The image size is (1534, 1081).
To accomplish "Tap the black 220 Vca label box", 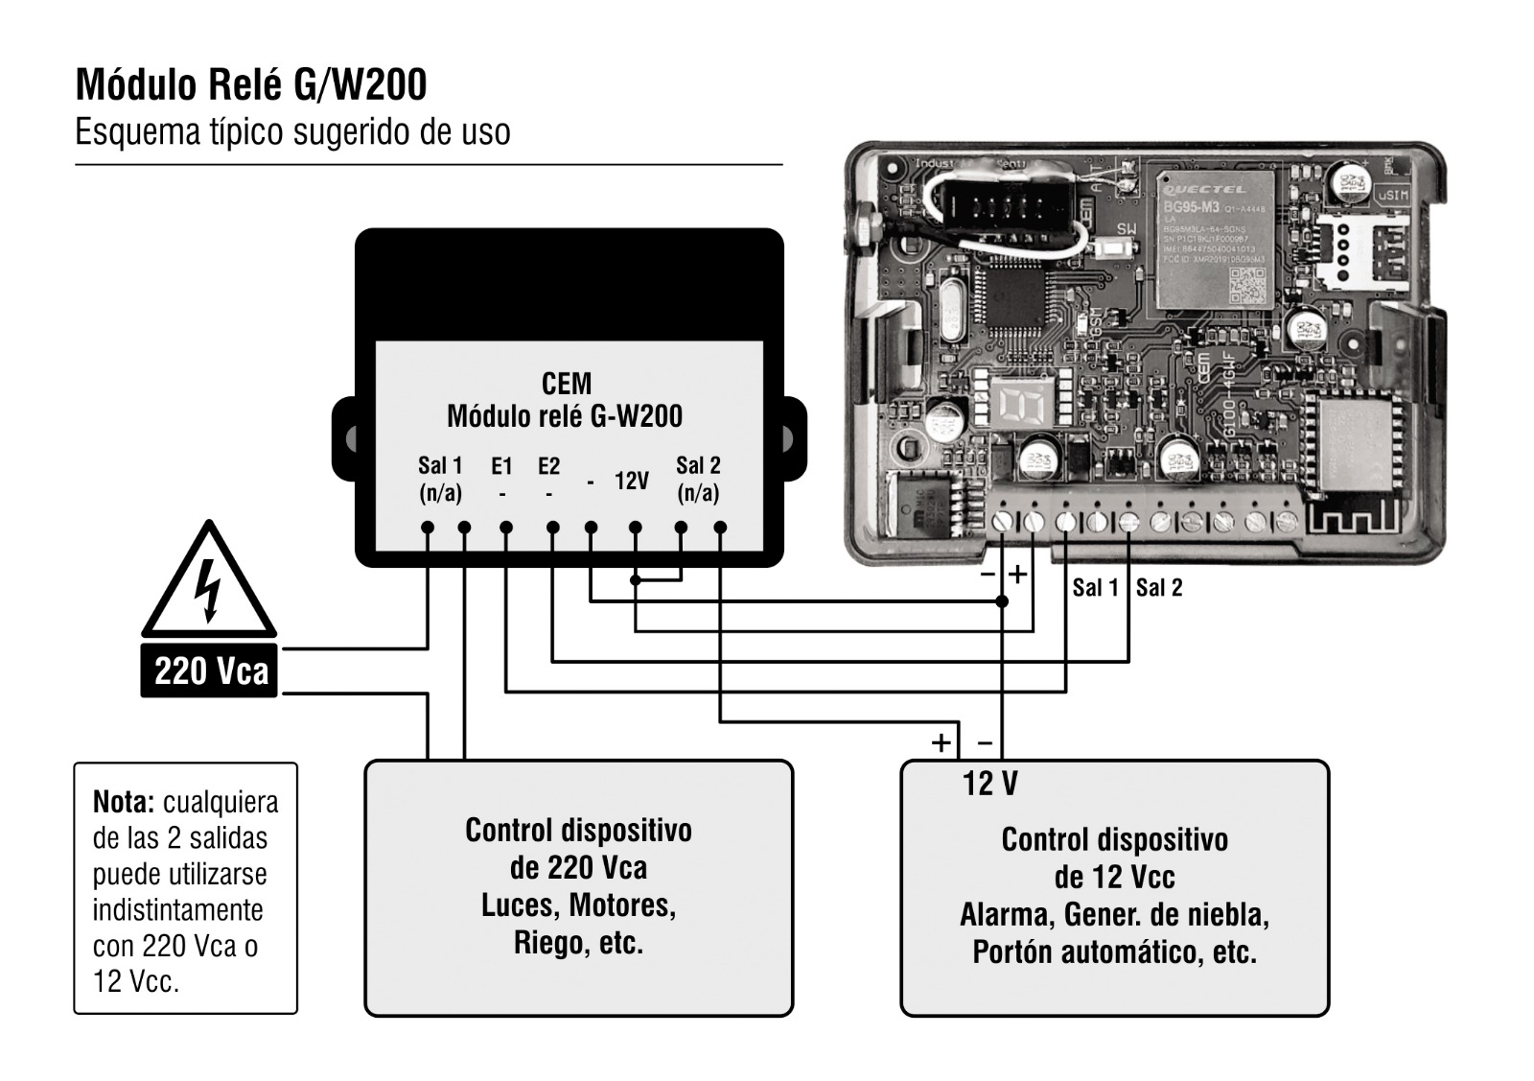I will coord(209,670).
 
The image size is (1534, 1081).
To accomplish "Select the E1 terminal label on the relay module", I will coord(501,467).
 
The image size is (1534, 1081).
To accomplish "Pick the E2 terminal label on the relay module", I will coord(548,467).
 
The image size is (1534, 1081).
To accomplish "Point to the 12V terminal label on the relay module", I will coord(632,481).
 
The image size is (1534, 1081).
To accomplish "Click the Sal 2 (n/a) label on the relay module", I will coord(698,479).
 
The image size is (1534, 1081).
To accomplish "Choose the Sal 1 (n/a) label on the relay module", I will coord(440,479).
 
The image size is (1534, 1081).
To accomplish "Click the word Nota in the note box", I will coord(124,802).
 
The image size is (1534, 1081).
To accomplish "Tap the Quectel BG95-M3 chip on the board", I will coord(1215,240).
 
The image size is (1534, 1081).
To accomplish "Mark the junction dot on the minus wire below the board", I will coord(1002,601).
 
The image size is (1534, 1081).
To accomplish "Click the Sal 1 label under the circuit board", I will coord(1095,588).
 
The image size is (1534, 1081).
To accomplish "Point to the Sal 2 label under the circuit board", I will coord(1159,588).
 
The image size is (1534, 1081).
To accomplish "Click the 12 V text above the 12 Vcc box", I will coord(990,784).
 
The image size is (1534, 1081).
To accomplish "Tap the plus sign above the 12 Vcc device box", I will coord(941,742).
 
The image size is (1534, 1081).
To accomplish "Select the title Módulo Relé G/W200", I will coord(251,84).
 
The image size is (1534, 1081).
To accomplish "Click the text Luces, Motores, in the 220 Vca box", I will coord(578,905).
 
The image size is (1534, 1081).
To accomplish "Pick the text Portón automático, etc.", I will coord(1114,952).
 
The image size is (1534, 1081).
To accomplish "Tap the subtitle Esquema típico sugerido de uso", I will coord(292,131).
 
